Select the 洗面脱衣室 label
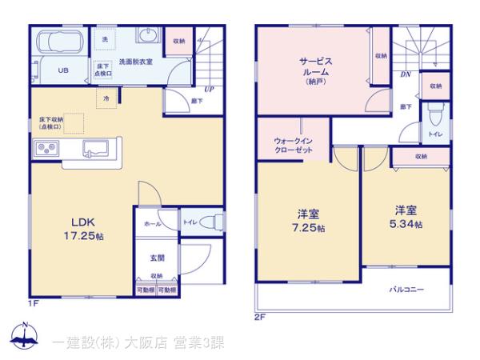coord(137,62)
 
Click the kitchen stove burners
coord(45,148)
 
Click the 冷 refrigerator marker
coord(106,97)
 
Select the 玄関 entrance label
coord(157,258)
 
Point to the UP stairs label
coord(208,89)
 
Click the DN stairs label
coord(406,74)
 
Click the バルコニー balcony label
coord(407,289)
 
